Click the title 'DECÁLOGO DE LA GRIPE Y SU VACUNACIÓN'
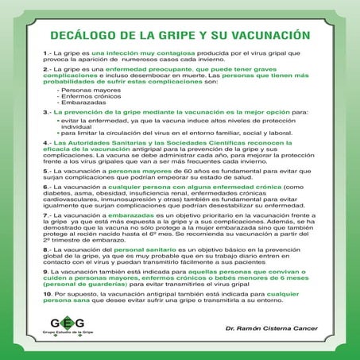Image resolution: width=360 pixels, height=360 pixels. (x=180, y=36)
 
